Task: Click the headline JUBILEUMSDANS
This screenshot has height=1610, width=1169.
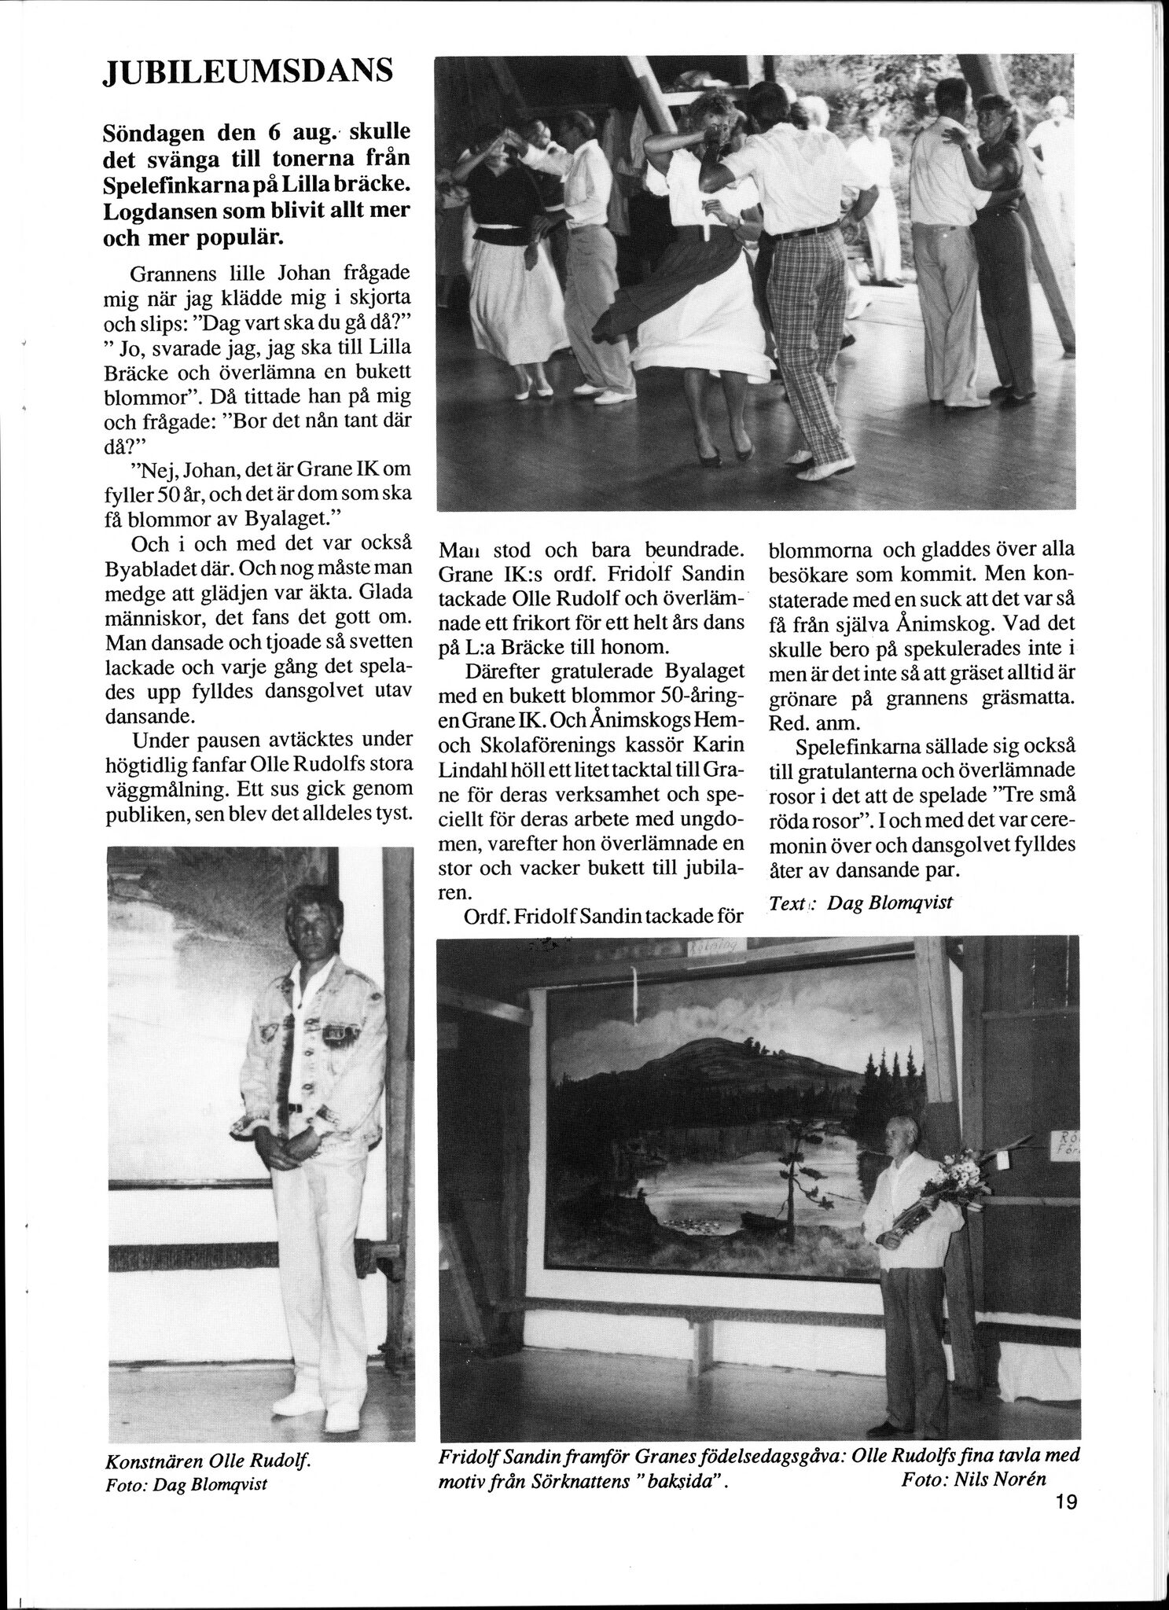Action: (248, 72)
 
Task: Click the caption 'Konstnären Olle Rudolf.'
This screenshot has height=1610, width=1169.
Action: (209, 1461)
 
